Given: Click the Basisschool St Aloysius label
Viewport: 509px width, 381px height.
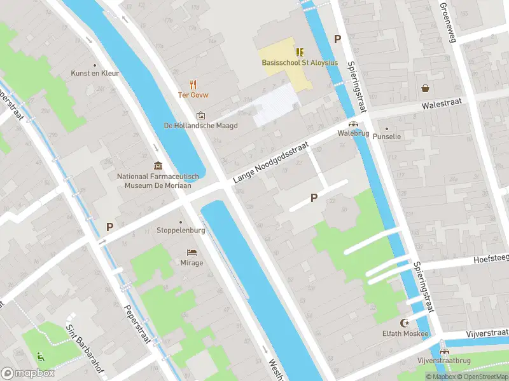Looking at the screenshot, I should tap(300, 62).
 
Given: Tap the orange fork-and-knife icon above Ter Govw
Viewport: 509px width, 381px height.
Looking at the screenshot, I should tap(193, 84).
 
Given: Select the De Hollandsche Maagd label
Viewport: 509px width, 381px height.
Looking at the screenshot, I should tap(200, 126).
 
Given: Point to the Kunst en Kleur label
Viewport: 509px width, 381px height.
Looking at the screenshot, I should tap(95, 74).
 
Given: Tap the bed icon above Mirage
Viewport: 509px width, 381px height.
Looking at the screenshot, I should tap(192, 252).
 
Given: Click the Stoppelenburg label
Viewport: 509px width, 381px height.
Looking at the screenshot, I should tap(181, 231).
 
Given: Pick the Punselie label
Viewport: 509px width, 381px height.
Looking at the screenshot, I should tap(386, 137).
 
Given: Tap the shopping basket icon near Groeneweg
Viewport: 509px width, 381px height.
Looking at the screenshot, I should tap(424, 88).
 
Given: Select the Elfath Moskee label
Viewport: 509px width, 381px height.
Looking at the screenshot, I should tap(406, 333).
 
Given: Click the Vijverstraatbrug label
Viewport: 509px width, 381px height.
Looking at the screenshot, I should tap(443, 361).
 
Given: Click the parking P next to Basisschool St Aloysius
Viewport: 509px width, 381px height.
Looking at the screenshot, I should tap(338, 39).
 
